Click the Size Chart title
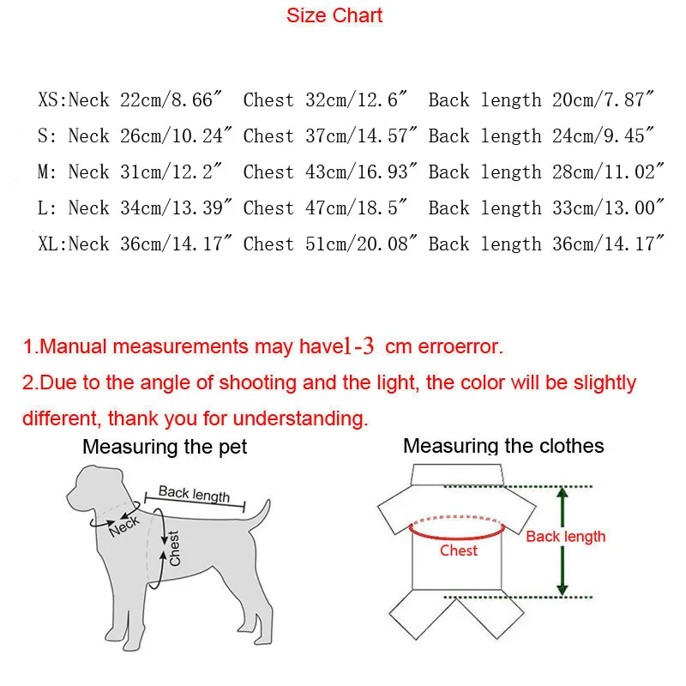click(x=334, y=15)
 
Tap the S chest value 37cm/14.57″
click(x=360, y=136)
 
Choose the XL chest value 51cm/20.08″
click(x=360, y=244)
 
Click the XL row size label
click(x=51, y=244)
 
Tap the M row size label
click(x=47, y=172)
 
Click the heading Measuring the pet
click(x=165, y=447)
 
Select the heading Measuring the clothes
click(x=503, y=446)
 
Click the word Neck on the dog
click(x=124, y=525)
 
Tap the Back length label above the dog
click(x=194, y=494)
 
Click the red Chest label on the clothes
click(x=458, y=551)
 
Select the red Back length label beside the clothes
click(x=565, y=537)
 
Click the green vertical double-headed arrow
click(x=563, y=541)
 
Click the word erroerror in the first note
click(x=460, y=347)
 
